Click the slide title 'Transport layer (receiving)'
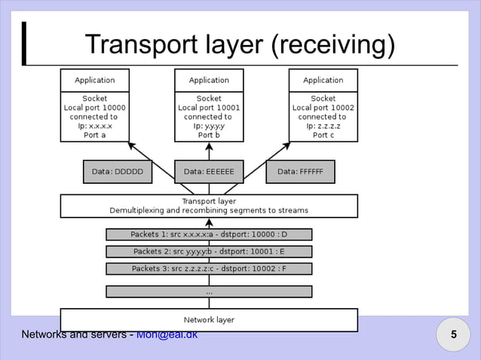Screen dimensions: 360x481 coord(240,45)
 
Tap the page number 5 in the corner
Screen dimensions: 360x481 coord(454,334)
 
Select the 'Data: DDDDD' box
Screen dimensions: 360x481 coord(117,172)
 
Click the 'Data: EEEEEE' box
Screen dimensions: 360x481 coord(209,172)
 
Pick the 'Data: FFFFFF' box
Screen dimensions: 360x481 coord(300,172)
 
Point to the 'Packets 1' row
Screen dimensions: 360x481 coord(209,234)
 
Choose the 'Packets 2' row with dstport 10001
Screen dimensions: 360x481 coord(209,252)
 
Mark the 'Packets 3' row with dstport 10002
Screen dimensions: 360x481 coord(209,268)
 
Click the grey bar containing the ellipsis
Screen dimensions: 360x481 coord(209,291)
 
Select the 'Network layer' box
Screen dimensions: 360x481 coord(209,320)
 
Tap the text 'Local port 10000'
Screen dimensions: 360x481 coord(94,108)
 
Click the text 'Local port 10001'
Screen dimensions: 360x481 coord(209,108)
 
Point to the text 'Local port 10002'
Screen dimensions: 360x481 coord(323,108)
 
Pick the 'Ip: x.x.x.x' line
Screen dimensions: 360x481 coord(94,127)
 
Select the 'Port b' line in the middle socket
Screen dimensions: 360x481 coord(209,136)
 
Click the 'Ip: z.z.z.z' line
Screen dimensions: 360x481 coord(323,127)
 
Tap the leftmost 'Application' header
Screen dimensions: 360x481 coord(94,80)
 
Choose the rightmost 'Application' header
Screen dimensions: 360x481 coord(323,80)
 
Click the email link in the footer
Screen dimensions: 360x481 coord(167,334)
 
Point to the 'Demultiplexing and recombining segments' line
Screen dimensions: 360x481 coord(209,210)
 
